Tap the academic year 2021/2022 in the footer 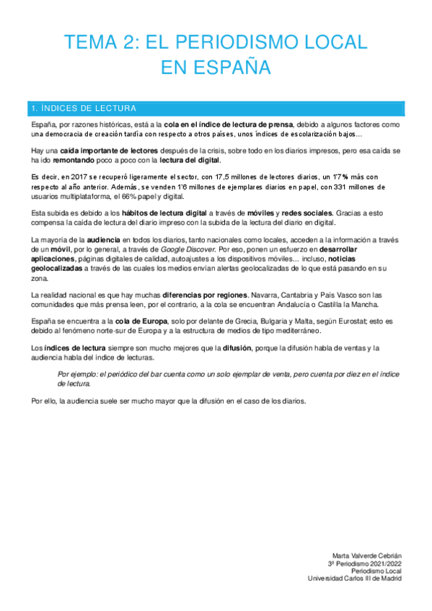pos(386,563)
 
